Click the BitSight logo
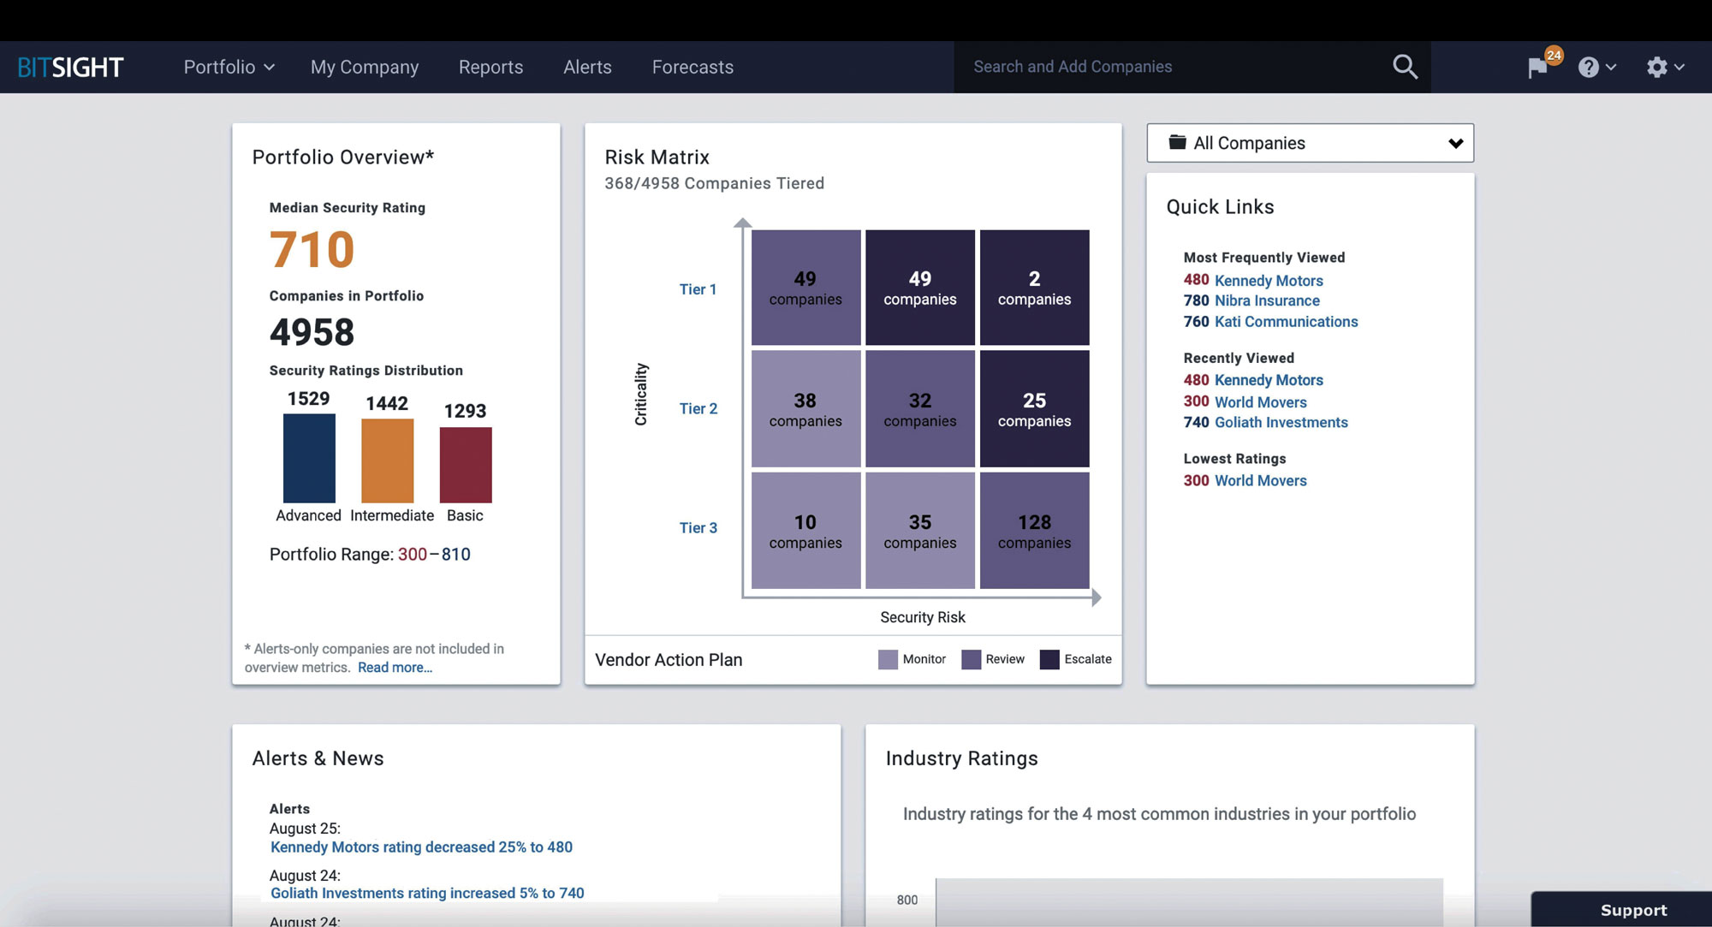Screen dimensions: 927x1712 point(71,68)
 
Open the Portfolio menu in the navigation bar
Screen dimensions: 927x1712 point(229,68)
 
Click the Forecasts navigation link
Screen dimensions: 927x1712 point(693,68)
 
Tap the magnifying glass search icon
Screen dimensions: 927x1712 point(1405,67)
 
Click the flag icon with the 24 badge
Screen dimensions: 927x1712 point(1539,67)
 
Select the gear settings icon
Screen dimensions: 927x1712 point(1657,68)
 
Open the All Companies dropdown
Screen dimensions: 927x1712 point(1310,143)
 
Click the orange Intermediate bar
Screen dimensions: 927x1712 point(387,461)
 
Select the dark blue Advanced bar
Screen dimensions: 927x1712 point(309,458)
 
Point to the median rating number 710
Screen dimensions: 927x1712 point(312,250)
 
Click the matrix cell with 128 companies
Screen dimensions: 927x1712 point(1034,531)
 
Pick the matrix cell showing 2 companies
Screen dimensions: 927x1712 point(1034,288)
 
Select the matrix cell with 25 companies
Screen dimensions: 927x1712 point(1034,409)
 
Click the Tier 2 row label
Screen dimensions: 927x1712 point(698,409)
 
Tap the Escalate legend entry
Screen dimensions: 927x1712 point(1076,659)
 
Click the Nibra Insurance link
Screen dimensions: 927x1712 point(1267,301)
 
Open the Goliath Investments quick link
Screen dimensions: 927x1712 point(1281,423)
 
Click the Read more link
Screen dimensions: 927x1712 point(395,668)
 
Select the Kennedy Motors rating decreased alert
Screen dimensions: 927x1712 point(421,847)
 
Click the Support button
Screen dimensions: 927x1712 point(1632,910)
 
